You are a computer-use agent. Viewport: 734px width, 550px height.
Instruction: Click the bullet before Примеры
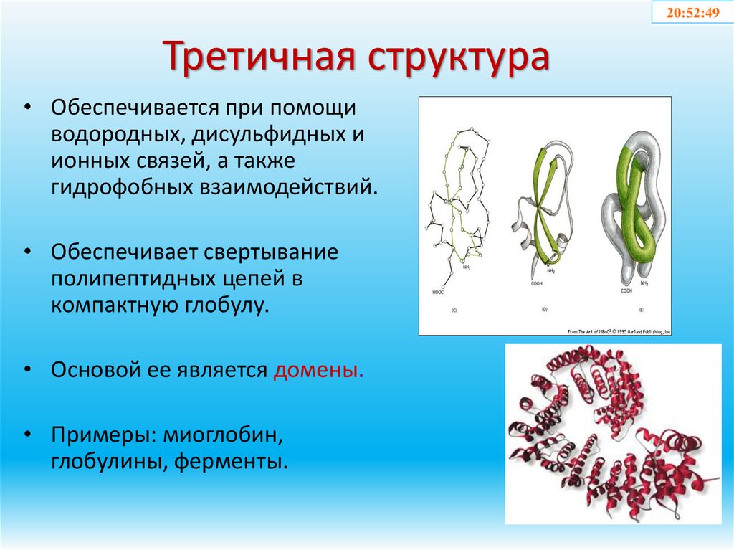point(27,435)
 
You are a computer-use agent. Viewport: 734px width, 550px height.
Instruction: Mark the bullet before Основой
point(27,371)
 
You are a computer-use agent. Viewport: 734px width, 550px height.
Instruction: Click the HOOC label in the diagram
point(438,292)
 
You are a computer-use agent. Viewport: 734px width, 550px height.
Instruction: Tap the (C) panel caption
point(454,310)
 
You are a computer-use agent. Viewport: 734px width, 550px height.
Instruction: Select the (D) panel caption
point(545,310)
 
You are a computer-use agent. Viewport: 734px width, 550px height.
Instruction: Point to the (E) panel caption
point(639,310)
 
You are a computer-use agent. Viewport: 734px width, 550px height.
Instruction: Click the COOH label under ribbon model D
point(536,283)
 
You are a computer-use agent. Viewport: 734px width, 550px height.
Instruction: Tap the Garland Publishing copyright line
point(619,331)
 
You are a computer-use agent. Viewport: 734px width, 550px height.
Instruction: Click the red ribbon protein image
point(613,434)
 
